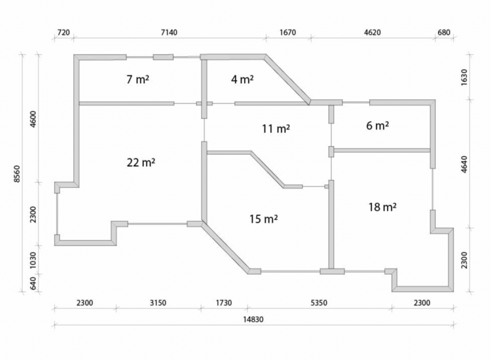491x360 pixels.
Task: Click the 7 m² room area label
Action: coord(137,79)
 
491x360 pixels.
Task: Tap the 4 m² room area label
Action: coord(242,79)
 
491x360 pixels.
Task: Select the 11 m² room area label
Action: coord(276,128)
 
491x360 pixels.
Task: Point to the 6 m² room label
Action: coord(377,126)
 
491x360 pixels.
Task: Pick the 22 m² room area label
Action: coord(141,162)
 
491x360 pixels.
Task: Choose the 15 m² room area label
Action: coord(263,219)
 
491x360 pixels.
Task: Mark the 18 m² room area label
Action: coord(382,207)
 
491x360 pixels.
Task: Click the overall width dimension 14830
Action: coord(253,319)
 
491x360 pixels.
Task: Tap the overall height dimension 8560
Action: coord(17,173)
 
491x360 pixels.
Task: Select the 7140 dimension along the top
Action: coord(169,33)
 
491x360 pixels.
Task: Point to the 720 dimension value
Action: coord(64,33)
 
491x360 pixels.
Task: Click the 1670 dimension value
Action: coord(287,33)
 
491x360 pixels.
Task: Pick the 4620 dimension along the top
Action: coord(373,33)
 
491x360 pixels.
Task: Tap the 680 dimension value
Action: coord(444,33)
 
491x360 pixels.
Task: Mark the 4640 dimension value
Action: coord(464,164)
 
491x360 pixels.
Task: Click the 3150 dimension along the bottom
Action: coord(158,303)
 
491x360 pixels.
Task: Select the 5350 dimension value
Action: coord(319,303)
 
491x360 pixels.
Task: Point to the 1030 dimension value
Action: coord(33,261)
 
